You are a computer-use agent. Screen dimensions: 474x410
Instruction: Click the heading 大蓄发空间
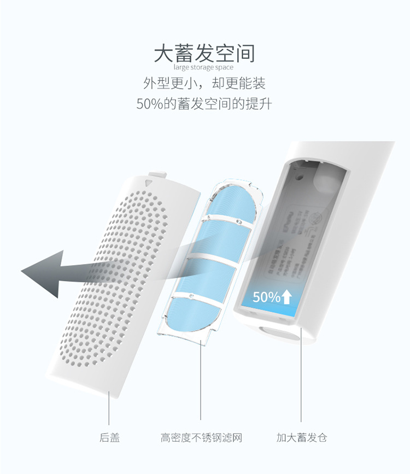(x=204, y=54)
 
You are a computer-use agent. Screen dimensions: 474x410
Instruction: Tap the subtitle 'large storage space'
(x=203, y=68)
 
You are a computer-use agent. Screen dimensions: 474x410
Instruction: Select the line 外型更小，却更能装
(x=204, y=84)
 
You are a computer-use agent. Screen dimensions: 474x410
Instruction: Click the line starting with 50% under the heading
(x=204, y=104)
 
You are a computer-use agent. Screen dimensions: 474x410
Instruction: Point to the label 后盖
(x=109, y=437)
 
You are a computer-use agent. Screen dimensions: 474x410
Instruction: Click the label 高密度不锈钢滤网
(x=201, y=437)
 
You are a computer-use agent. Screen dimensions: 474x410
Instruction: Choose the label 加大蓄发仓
(x=301, y=437)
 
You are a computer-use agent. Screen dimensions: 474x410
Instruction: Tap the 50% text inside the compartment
(x=266, y=297)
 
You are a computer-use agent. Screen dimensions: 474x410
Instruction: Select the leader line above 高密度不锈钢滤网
(x=201, y=383)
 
